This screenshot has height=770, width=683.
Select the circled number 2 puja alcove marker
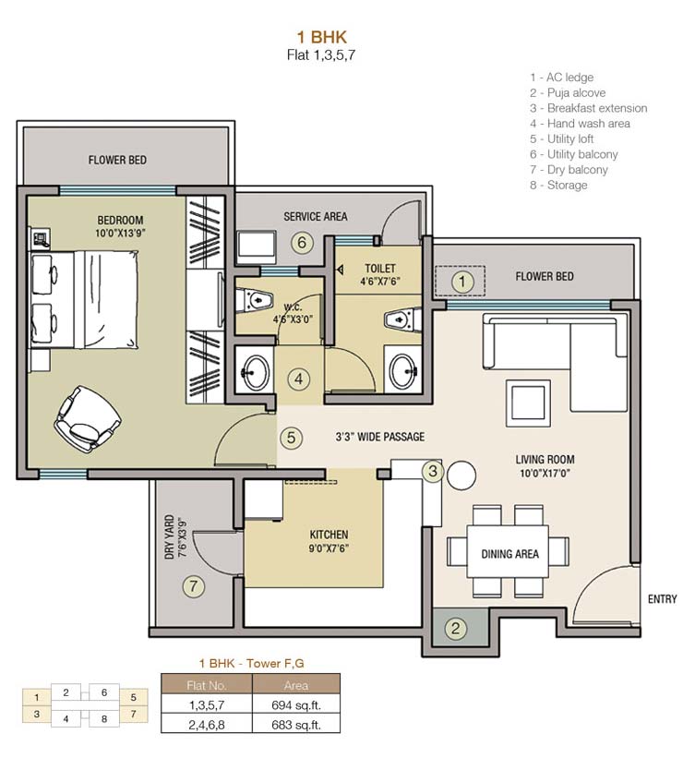[454, 630]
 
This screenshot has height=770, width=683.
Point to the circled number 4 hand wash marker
[296, 379]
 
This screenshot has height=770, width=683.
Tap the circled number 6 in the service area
[299, 244]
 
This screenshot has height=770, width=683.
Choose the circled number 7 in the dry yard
[193, 584]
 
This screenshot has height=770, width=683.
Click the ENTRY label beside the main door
[662, 599]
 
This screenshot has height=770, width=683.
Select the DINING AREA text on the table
[509, 554]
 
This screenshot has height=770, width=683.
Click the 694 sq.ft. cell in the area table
[295, 705]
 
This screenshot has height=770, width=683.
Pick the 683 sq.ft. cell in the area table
[295, 725]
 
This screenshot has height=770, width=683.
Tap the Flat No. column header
[207, 685]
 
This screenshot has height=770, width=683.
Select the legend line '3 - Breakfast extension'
[588, 108]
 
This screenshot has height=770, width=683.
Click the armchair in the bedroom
[87, 415]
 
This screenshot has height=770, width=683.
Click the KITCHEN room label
[329, 535]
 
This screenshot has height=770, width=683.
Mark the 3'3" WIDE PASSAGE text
[379, 437]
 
